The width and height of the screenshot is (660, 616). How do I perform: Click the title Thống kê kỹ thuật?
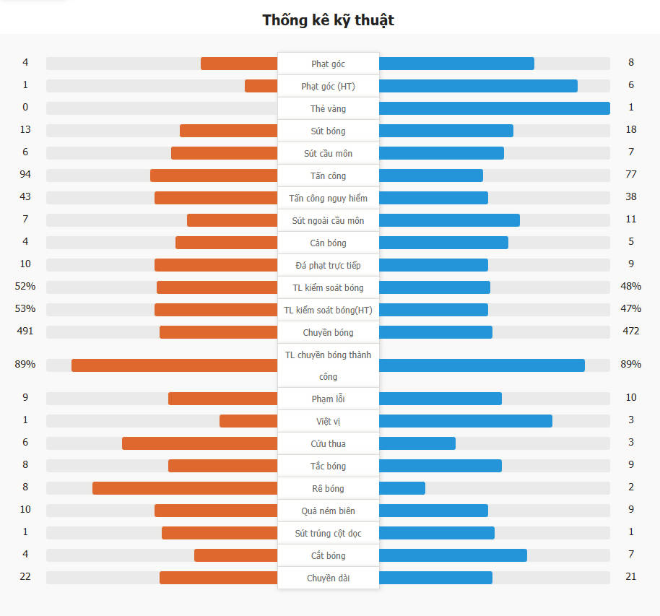tap(329, 20)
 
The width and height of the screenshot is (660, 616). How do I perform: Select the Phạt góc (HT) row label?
tap(328, 86)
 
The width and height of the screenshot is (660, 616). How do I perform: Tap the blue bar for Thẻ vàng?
tap(494, 108)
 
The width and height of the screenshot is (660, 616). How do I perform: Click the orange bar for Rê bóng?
tap(185, 488)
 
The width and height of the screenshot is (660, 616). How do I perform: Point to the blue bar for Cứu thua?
tap(417, 443)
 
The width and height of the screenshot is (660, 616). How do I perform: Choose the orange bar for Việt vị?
tap(248, 421)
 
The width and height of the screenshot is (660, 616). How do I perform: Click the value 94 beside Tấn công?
tap(25, 175)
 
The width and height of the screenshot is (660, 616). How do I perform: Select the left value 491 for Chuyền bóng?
tap(25, 331)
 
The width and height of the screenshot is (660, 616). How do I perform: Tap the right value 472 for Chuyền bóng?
tap(630, 331)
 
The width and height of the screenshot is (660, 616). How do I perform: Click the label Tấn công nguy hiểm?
tap(328, 198)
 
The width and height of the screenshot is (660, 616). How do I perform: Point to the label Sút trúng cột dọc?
tap(328, 533)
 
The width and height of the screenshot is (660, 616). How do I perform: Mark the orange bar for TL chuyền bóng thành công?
tap(174, 365)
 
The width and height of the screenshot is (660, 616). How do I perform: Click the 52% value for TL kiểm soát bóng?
tap(25, 287)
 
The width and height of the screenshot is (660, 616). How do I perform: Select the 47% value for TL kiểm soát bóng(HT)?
tap(630, 309)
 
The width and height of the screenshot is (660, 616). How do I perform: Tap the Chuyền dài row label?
tap(328, 578)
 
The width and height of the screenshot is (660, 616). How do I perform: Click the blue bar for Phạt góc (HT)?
tap(478, 86)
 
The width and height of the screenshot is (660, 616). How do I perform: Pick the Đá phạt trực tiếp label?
tap(328, 265)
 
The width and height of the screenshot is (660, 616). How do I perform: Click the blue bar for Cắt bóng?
tap(453, 555)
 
